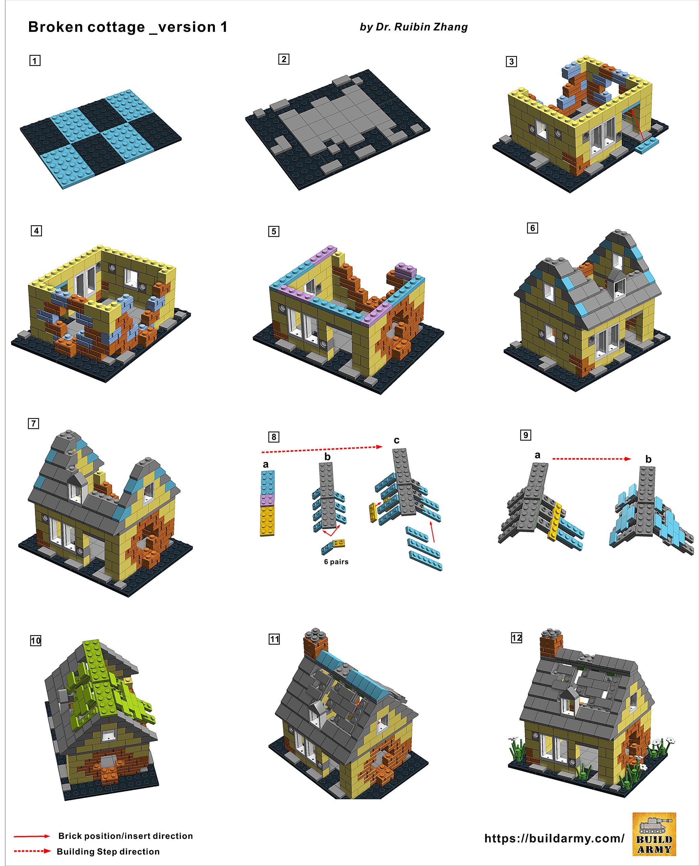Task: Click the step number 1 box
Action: (35, 61)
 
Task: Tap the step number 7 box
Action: (33, 424)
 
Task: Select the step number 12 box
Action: (517, 638)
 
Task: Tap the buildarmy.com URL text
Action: (554, 838)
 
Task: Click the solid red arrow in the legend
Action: (32, 836)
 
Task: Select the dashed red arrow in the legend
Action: (32, 851)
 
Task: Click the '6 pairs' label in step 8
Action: (336, 562)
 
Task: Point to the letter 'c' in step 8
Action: (397, 440)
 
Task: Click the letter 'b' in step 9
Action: (648, 459)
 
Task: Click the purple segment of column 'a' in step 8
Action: (267, 500)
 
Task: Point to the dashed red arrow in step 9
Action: (591, 459)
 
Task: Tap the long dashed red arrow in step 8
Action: (322, 449)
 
